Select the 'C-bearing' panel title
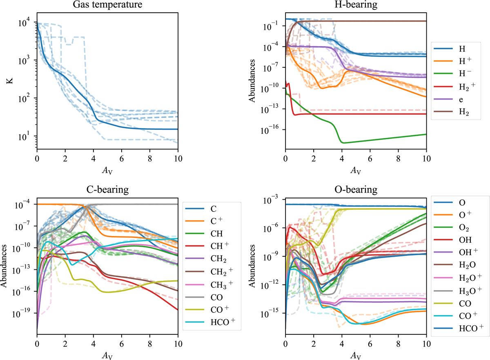(107, 190)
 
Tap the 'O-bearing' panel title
(355, 190)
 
